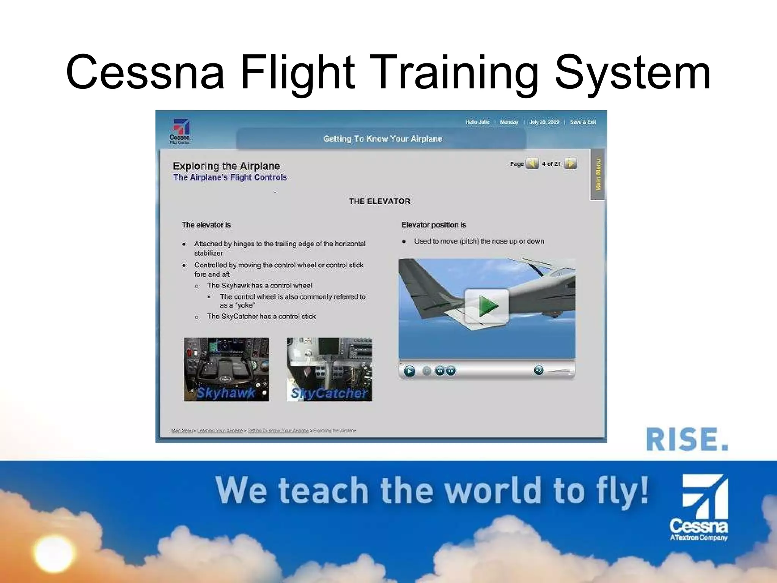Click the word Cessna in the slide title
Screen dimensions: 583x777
coord(145,72)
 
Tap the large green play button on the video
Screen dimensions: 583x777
coord(487,306)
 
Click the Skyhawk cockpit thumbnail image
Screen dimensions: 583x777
coord(226,369)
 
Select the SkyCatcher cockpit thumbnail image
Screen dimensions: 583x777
coord(329,369)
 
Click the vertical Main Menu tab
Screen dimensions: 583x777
coord(598,174)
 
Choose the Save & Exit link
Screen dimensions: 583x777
coord(583,122)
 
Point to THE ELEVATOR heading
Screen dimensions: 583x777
coord(379,201)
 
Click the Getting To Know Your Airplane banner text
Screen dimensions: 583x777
coord(382,139)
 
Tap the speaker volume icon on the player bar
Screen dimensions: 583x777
coord(538,370)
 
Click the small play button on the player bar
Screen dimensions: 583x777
coord(409,370)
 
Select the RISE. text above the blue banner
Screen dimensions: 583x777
coord(687,440)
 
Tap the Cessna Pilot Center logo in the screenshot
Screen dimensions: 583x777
coord(180,131)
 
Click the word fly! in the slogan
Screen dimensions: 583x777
coord(622,491)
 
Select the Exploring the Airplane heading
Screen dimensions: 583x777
coord(226,166)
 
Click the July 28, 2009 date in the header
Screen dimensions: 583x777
coord(544,122)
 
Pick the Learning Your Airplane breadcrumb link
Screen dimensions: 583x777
coord(220,430)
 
